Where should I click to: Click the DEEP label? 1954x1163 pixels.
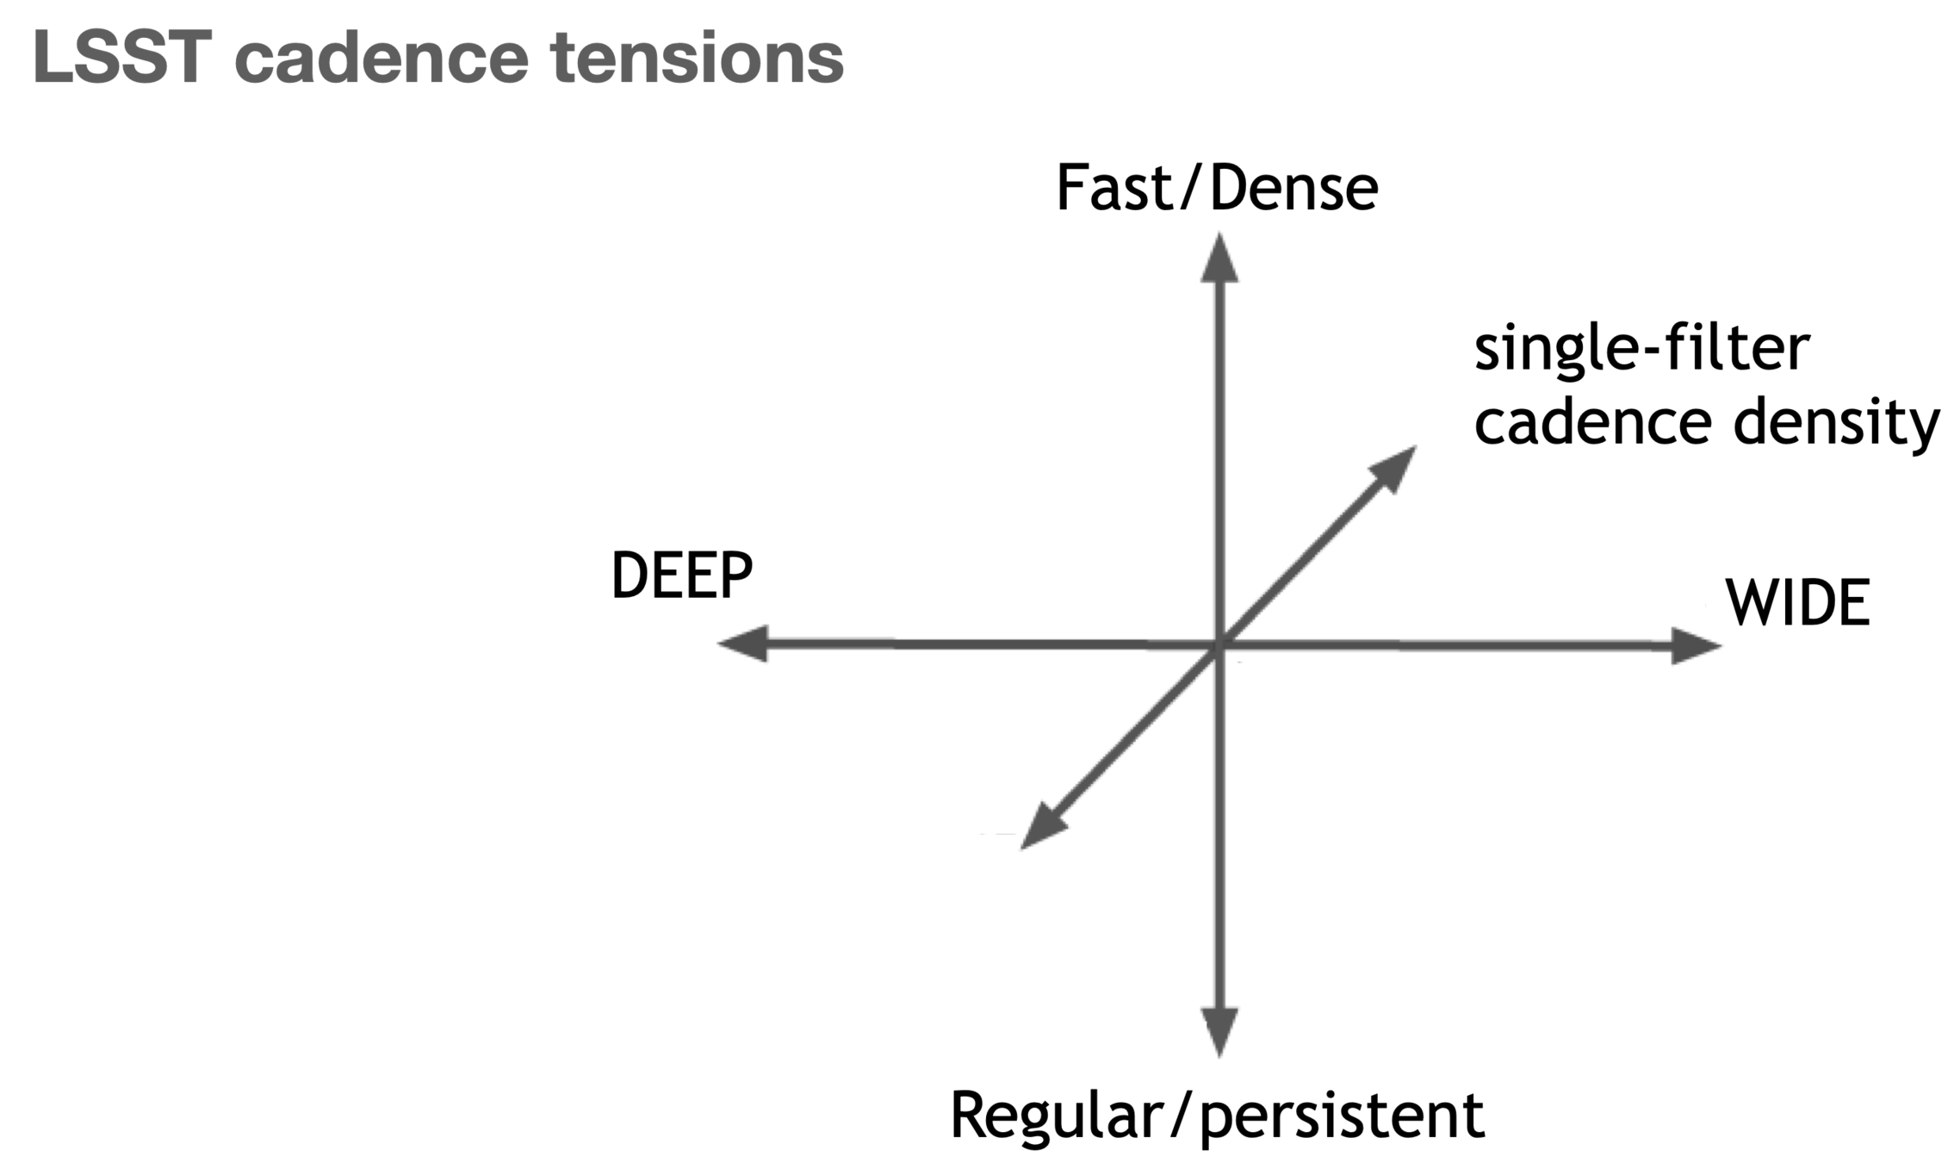(x=682, y=575)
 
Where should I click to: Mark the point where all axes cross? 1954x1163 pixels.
(x=1218, y=645)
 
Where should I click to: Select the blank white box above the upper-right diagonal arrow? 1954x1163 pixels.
(x=1387, y=414)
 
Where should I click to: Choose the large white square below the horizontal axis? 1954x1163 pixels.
(x=1328, y=738)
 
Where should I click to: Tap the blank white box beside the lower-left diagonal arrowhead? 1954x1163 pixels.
(x=956, y=808)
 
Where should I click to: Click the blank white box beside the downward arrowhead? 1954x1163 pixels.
(x=1137, y=1047)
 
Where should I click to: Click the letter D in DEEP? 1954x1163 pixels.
(x=630, y=575)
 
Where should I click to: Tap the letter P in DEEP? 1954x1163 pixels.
(x=737, y=575)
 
